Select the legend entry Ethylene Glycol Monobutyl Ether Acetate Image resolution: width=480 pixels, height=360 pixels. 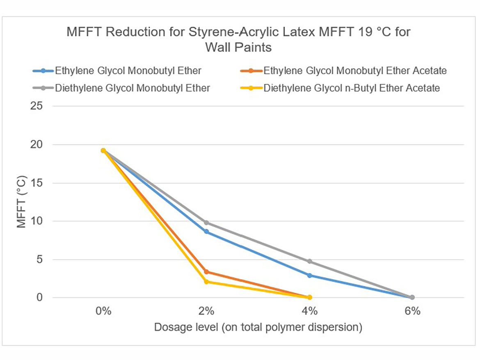click(354, 71)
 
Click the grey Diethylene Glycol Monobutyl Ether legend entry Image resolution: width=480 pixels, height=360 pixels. click(133, 88)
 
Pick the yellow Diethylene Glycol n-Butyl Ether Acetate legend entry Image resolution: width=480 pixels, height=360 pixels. click(352, 88)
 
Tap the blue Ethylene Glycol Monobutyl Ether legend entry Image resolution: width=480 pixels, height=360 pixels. click(128, 71)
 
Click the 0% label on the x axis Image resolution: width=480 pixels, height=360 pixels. click(103, 311)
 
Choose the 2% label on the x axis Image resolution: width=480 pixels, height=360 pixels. click(206, 311)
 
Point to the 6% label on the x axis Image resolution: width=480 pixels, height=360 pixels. click(412, 311)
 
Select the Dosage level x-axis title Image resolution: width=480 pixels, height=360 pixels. click(258, 328)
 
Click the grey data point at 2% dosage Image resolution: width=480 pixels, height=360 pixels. click(206, 223)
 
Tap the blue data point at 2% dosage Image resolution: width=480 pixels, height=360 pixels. click(206, 232)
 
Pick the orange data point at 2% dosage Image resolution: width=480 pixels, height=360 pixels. click(206, 271)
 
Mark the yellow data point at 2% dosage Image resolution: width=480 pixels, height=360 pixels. click(206, 282)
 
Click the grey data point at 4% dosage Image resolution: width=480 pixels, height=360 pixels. click(309, 261)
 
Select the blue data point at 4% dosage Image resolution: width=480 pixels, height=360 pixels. click(309, 275)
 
